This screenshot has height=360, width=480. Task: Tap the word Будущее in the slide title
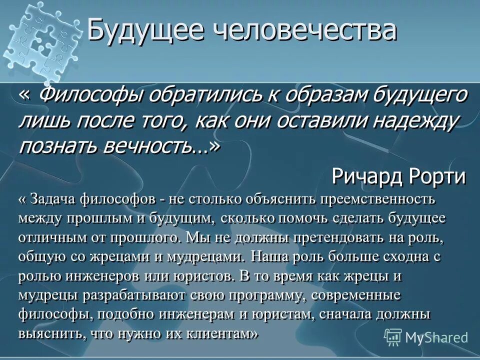[145, 32]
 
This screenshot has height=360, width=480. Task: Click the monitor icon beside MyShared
[393, 336]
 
